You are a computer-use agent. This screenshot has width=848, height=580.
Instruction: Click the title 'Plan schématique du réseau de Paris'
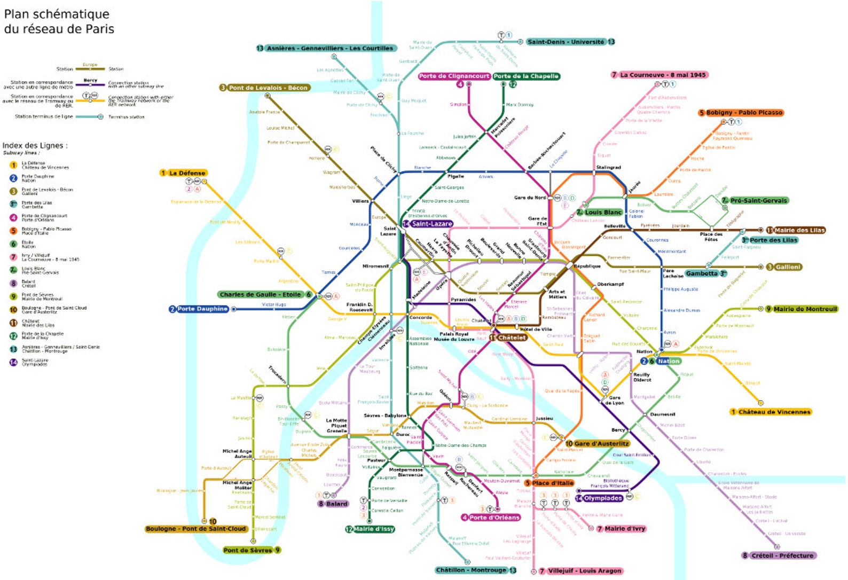59,21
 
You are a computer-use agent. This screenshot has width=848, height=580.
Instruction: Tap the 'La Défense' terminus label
187,173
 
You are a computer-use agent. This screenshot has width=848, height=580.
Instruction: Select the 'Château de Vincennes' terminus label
774,412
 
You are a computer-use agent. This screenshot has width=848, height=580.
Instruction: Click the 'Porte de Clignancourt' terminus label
454,76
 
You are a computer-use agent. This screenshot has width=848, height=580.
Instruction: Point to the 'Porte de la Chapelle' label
526,76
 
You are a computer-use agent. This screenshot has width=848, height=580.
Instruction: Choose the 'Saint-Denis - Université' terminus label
566,42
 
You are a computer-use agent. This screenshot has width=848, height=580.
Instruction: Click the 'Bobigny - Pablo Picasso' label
744,113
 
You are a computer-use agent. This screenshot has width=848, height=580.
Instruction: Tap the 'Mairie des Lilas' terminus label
799,230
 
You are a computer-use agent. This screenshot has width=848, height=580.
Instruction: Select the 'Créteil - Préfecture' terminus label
782,555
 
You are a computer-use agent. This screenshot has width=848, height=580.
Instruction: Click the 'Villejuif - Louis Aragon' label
584,571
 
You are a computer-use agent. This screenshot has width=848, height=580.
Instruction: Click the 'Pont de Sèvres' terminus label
248,550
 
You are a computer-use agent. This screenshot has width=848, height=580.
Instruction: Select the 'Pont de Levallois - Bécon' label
268,88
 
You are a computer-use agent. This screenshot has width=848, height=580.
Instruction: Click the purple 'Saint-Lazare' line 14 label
431,224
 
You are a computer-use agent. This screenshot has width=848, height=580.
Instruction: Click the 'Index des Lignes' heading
35,145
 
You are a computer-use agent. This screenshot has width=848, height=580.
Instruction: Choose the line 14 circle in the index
13,362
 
